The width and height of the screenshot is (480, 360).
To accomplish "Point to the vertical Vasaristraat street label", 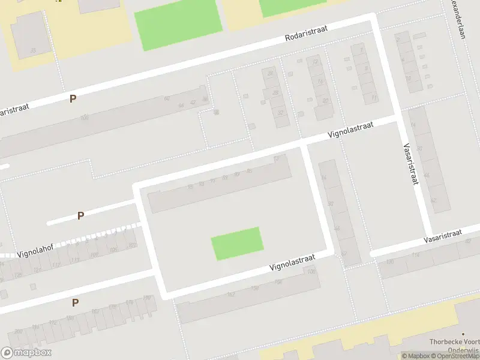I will point(410,164).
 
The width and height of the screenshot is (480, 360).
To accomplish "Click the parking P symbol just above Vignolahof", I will point(80,215).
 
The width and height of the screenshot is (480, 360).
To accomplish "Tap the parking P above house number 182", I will point(75,302).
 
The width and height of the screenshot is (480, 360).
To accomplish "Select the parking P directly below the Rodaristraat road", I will point(73,98).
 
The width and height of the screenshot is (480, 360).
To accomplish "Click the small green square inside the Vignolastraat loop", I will point(237,243).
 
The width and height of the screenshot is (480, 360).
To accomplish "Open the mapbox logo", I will point(26,352).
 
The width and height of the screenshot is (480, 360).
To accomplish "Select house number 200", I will point(19,331).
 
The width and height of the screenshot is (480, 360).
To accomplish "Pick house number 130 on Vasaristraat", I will point(390,261).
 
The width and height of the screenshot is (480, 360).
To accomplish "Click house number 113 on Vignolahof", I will point(74,260).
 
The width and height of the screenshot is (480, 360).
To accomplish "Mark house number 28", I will point(275,93).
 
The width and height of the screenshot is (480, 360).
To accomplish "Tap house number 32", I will point(280,112).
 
